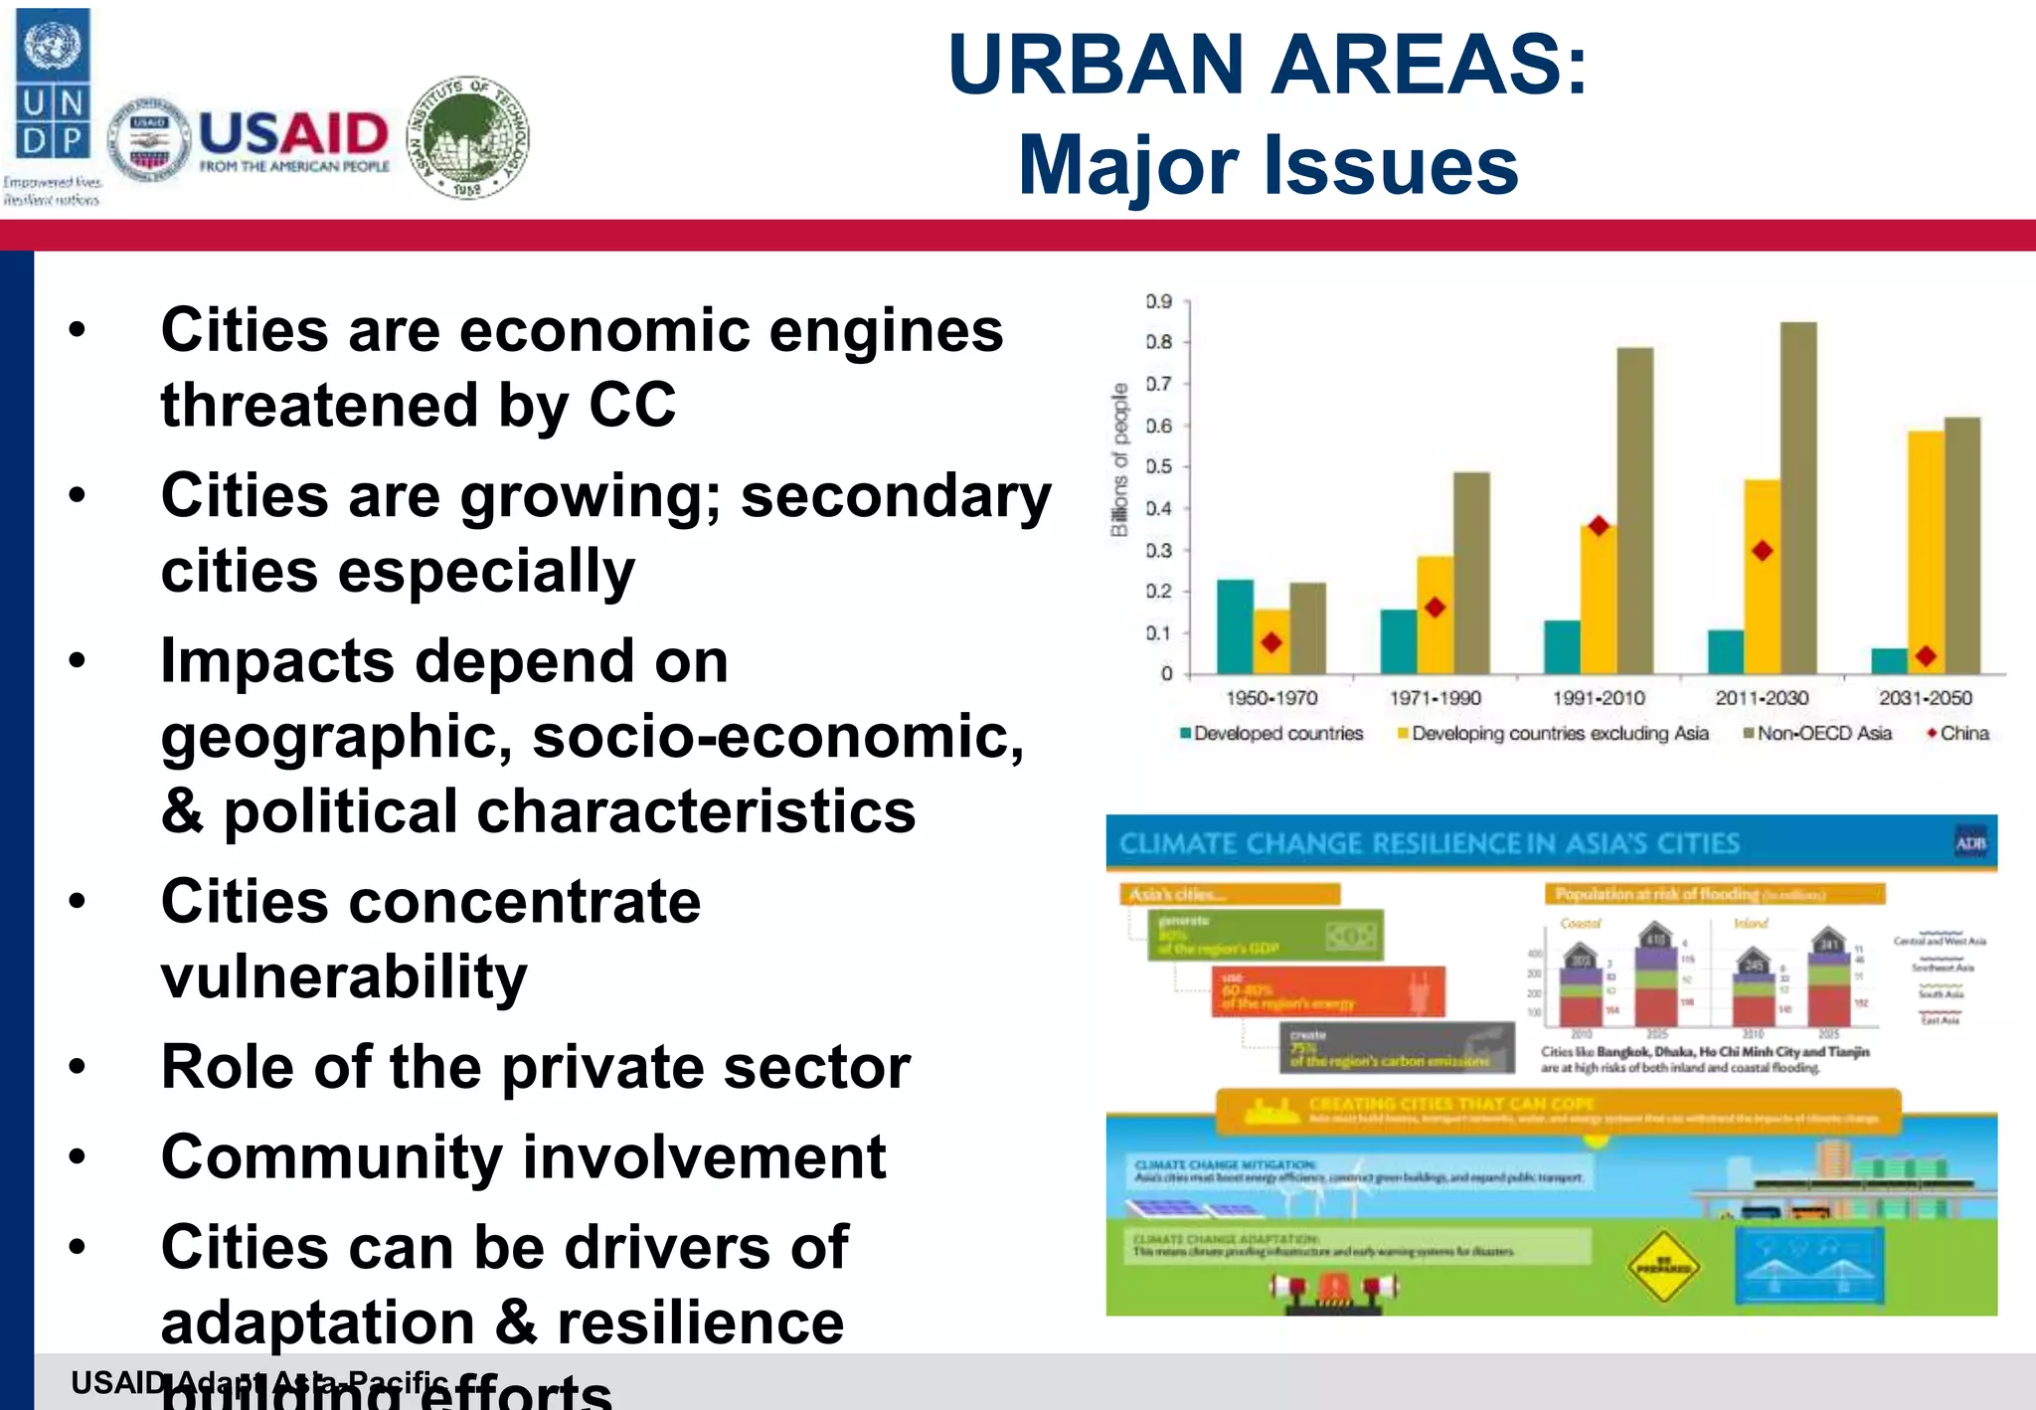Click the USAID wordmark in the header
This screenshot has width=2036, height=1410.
pyautogui.click(x=293, y=133)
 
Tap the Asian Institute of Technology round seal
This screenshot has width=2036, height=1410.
pyautogui.click(x=468, y=138)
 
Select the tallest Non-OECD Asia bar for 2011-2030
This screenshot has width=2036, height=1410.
pyautogui.click(x=1798, y=497)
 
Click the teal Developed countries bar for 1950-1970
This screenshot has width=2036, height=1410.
pyautogui.click(x=1235, y=626)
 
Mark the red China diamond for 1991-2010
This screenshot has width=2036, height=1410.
pyautogui.click(x=1599, y=526)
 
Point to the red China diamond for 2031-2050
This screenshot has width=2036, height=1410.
pyautogui.click(x=1926, y=656)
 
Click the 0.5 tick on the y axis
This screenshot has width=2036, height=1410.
pyautogui.click(x=1159, y=466)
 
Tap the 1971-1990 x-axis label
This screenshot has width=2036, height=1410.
pyautogui.click(x=1435, y=698)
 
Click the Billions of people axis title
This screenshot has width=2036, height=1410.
pyautogui.click(x=1120, y=459)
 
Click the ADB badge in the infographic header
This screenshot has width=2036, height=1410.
pyautogui.click(x=1970, y=843)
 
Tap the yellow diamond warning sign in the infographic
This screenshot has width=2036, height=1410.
pyautogui.click(x=1662, y=1268)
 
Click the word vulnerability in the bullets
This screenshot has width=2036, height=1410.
pyautogui.click(x=344, y=976)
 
